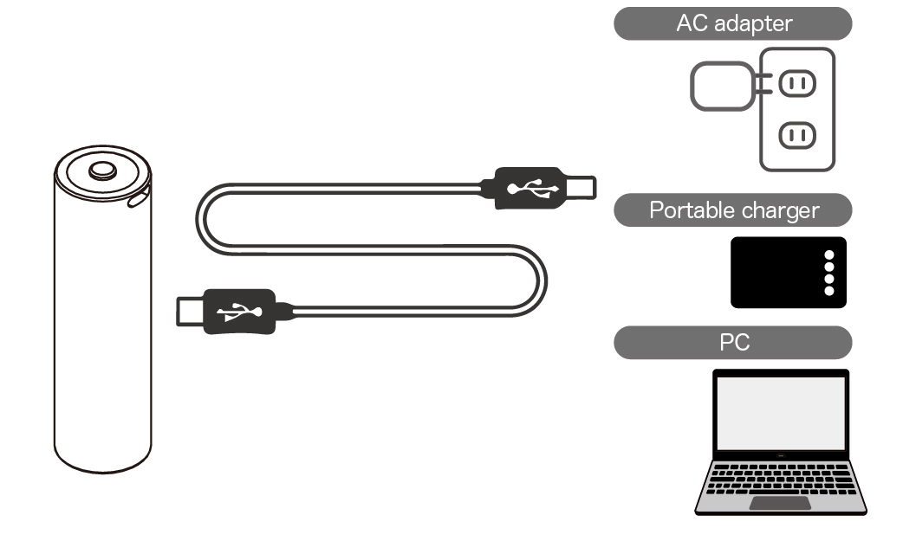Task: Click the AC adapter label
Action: pyautogui.click(x=732, y=23)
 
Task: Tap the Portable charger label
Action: pyautogui.click(x=732, y=210)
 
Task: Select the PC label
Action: pyautogui.click(x=732, y=342)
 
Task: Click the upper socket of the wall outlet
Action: pyautogui.click(x=797, y=84)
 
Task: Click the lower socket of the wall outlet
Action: pyautogui.click(x=797, y=135)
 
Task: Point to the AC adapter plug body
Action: pyautogui.click(x=721, y=86)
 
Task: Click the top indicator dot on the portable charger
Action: pyautogui.click(x=829, y=255)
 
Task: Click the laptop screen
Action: pyautogui.click(x=780, y=413)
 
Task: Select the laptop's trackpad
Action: pyautogui.click(x=780, y=503)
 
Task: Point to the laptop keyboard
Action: pyautogui.click(x=780, y=478)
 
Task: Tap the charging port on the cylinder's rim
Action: pyautogui.click(x=138, y=198)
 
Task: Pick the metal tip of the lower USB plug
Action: pyautogui.click(x=192, y=310)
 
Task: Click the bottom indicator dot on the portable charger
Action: pyautogui.click(x=829, y=291)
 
